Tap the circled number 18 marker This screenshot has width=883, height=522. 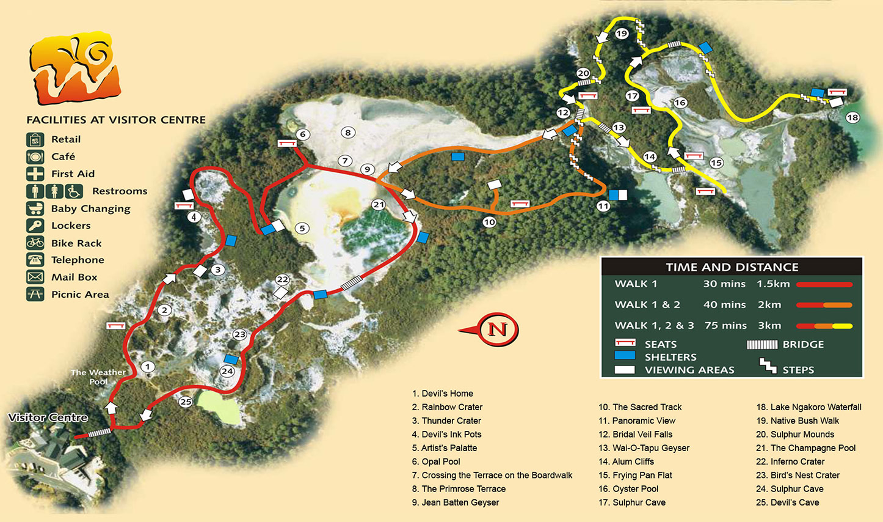pyautogui.click(x=852, y=117)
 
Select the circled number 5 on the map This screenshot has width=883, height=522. pyautogui.click(x=302, y=229)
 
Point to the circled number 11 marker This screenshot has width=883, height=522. pyautogui.click(x=603, y=206)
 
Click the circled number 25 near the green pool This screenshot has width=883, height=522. pyautogui.click(x=186, y=402)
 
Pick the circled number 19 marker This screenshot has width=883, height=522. pyautogui.click(x=622, y=34)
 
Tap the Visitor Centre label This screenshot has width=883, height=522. pyautogui.click(x=48, y=418)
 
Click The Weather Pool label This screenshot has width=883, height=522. pyautogui.click(x=98, y=377)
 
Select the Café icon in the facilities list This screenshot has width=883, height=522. pyautogui.click(x=35, y=156)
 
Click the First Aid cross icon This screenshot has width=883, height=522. pyautogui.click(x=35, y=174)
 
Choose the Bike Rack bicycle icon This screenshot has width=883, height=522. pyautogui.click(x=35, y=243)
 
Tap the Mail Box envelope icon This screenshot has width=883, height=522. pyautogui.click(x=35, y=277)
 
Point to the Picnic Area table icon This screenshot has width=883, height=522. pyautogui.click(x=35, y=294)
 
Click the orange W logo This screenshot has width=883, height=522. pyautogui.click(x=74, y=68)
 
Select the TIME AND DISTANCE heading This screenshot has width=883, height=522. pyautogui.click(x=732, y=267)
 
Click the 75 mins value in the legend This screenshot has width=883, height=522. pyautogui.click(x=726, y=325)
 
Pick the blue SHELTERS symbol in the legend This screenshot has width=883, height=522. pyautogui.click(x=625, y=356)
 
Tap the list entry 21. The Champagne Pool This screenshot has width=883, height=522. pyautogui.click(x=805, y=448)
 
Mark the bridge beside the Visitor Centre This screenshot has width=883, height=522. pyautogui.click(x=100, y=433)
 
